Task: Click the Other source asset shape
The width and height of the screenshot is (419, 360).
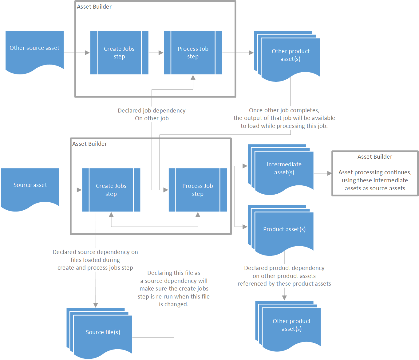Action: point(34,49)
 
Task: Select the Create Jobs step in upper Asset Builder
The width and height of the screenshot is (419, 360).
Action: point(119,53)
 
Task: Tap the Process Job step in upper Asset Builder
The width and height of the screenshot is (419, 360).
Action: point(193,53)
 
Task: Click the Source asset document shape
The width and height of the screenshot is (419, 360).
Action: point(30,186)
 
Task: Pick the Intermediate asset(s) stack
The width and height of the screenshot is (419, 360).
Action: point(284,168)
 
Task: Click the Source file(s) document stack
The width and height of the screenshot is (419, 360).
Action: point(102,332)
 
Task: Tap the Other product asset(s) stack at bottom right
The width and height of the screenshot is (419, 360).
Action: point(291,325)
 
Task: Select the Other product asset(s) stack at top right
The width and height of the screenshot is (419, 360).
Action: point(290,55)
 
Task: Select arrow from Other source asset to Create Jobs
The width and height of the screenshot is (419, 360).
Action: point(77,53)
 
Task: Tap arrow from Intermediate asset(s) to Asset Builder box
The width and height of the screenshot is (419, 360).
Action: point(322,173)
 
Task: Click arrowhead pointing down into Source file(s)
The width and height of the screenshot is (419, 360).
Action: point(96,305)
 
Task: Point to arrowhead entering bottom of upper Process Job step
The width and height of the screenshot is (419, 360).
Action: point(193,77)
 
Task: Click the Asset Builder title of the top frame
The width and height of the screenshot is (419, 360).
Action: point(94,7)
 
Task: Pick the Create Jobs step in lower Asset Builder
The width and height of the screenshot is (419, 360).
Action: point(111,190)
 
